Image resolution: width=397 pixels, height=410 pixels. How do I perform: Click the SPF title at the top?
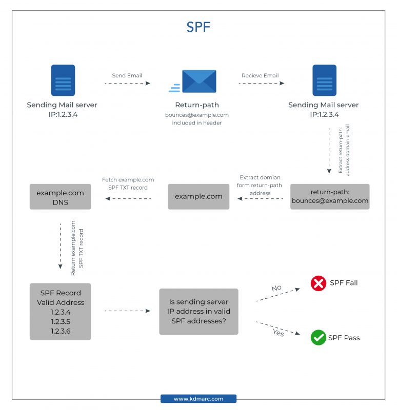(198, 27)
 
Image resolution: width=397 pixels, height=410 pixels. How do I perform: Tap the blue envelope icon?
(199, 81)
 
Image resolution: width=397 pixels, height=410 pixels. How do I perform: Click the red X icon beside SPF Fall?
(319, 283)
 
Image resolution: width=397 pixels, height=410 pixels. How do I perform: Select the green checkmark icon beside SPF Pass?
(319, 338)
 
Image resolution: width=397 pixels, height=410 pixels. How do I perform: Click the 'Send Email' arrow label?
(127, 76)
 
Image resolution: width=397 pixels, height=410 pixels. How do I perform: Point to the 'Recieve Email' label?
(260, 76)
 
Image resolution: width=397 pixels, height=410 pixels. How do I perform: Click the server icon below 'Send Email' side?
(63, 80)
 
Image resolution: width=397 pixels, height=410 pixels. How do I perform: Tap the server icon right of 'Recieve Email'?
(324, 80)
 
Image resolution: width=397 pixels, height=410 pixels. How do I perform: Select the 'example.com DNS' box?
(60, 197)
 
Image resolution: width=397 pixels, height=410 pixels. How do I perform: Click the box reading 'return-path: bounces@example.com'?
(330, 197)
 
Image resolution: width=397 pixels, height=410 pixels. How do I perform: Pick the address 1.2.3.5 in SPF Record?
(61, 322)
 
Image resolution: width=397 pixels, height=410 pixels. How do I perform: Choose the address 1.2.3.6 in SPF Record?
(61, 332)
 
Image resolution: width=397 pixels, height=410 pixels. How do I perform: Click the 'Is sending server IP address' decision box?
(198, 311)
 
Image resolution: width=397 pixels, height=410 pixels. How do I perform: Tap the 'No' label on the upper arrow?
(276, 288)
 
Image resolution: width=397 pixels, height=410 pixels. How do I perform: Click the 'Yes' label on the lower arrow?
(277, 333)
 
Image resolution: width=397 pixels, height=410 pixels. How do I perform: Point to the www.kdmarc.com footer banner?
(198, 399)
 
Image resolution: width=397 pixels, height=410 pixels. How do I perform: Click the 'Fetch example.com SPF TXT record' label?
(128, 183)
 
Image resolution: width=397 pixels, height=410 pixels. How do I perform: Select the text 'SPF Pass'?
(345, 338)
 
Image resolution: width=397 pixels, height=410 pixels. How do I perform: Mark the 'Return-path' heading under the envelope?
(197, 105)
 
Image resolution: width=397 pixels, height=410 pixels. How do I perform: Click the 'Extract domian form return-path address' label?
(260, 185)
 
